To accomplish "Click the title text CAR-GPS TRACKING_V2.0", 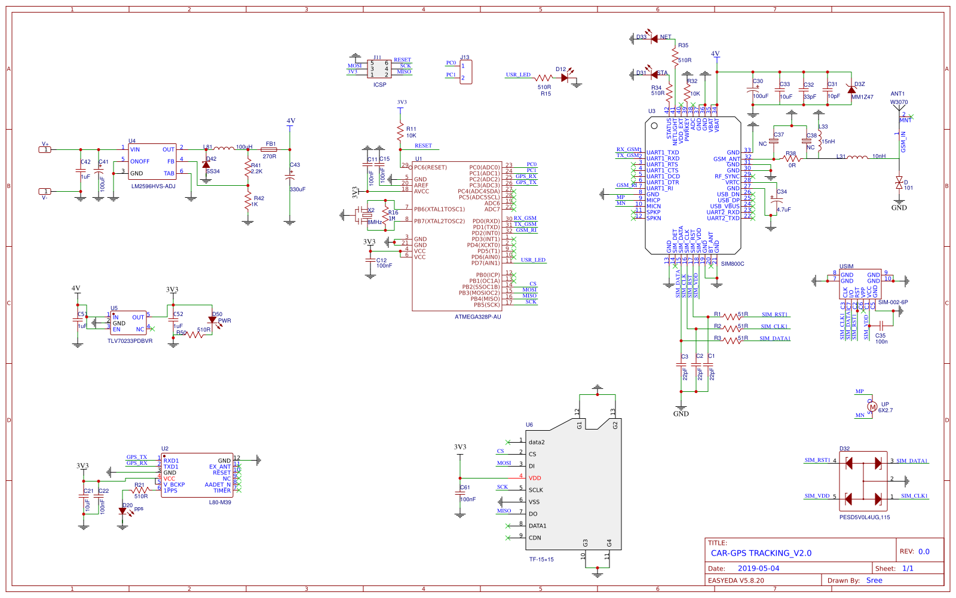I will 761,553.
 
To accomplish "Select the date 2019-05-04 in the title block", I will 758,569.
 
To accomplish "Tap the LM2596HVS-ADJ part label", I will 153,186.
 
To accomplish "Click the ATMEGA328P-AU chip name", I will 477,317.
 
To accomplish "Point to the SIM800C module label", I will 733,264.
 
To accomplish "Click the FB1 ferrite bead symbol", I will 269,150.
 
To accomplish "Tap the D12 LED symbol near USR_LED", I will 565,78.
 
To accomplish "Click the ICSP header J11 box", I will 379,69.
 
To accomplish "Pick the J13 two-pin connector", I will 465,72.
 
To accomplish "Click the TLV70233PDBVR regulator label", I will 130,341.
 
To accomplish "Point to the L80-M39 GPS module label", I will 220,502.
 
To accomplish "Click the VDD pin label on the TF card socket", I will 534,478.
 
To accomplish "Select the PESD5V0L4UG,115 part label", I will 864,517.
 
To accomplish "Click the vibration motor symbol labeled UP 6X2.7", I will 872,407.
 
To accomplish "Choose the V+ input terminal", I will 45,149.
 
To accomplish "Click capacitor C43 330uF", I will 290,177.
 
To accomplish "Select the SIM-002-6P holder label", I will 893,302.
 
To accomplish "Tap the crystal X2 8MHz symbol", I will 366,216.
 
